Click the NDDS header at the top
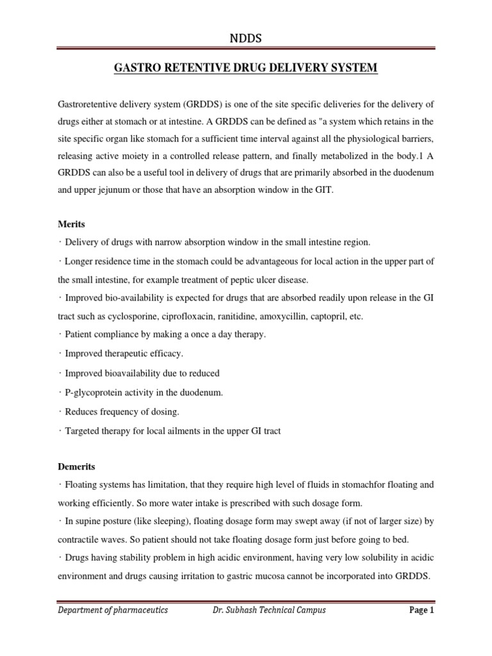tap(246, 40)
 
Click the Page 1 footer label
tap(422, 610)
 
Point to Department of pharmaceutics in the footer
tap(113, 610)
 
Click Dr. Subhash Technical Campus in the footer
tap(269, 610)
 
